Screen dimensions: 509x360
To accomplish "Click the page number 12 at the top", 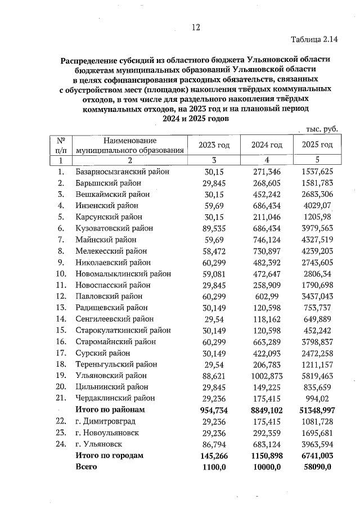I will [196, 27].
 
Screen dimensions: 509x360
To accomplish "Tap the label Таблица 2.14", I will [314, 39].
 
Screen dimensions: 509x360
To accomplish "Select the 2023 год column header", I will [214, 145].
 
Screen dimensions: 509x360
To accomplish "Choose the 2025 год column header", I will [317, 145].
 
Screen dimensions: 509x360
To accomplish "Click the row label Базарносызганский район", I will [122, 171].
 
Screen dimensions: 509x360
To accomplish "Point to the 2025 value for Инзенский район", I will [318, 205].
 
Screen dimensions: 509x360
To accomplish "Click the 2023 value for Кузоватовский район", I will [214, 228].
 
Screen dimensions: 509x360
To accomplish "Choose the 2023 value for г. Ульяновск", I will [214, 444].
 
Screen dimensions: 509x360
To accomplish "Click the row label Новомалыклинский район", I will [123, 273].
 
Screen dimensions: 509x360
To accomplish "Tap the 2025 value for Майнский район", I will [317, 239].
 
